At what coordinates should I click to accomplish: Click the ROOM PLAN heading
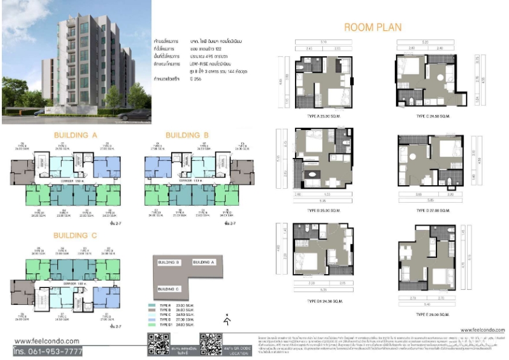[x=372, y=27]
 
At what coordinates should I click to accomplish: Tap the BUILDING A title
[x=76, y=135]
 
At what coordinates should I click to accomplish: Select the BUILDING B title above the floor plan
[x=187, y=135]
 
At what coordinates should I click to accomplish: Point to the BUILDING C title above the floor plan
[x=76, y=235]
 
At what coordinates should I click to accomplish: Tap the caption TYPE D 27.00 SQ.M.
[x=433, y=210]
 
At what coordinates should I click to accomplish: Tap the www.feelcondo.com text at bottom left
[x=47, y=341]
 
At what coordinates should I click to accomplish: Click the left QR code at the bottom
[x=158, y=343]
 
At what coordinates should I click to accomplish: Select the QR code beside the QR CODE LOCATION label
[x=210, y=343]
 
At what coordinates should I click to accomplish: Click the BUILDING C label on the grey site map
[x=168, y=290]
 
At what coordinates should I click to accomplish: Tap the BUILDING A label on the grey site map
[x=204, y=262]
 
